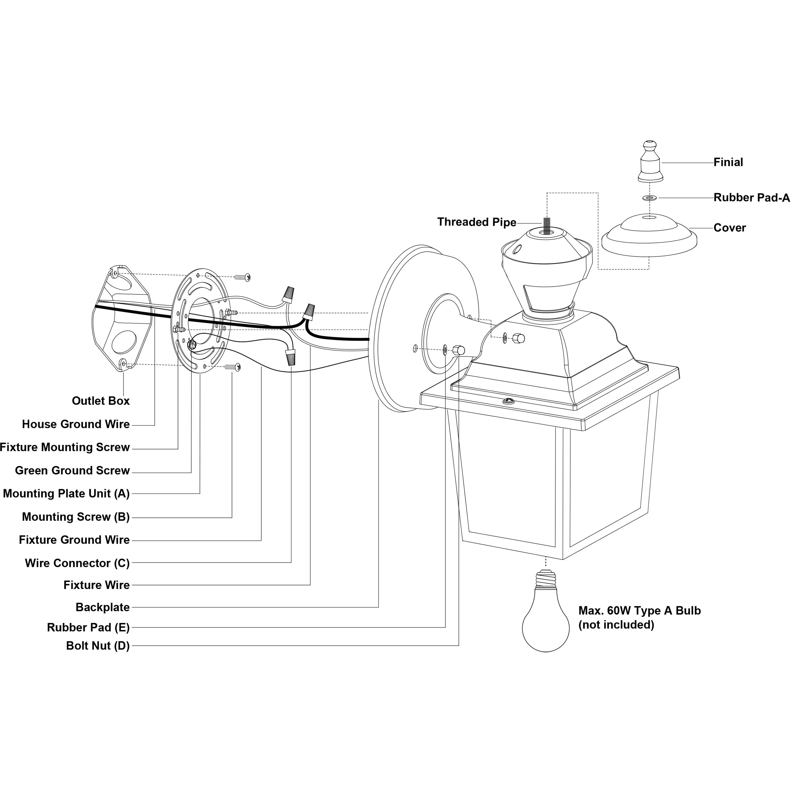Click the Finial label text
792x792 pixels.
click(728, 162)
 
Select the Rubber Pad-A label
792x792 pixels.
click(751, 198)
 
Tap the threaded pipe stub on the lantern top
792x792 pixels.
click(547, 225)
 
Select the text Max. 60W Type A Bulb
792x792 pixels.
click(639, 611)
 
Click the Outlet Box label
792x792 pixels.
click(100, 401)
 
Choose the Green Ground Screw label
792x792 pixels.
click(72, 471)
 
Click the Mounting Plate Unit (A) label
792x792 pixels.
click(66, 494)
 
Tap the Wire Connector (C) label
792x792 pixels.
click(77, 563)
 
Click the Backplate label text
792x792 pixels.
click(103, 607)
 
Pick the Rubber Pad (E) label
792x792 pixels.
click(88, 628)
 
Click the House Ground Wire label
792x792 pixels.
click(76, 424)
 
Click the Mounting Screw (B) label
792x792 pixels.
click(76, 517)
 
